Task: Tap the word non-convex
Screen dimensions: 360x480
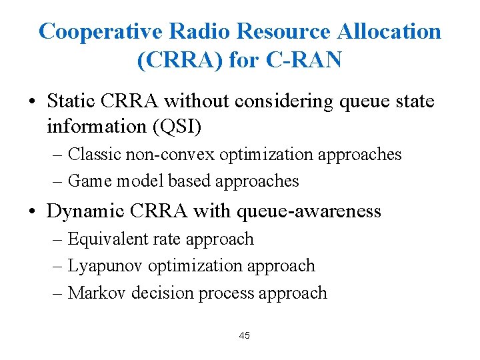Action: (x=167, y=154)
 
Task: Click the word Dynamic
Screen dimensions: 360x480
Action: (x=84, y=211)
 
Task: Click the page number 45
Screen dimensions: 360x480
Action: (x=244, y=335)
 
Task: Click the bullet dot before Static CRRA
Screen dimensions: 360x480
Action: (x=32, y=102)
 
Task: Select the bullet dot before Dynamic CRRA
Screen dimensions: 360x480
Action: (x=32, y=212)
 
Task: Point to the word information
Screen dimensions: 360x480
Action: (x=94, y=125)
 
